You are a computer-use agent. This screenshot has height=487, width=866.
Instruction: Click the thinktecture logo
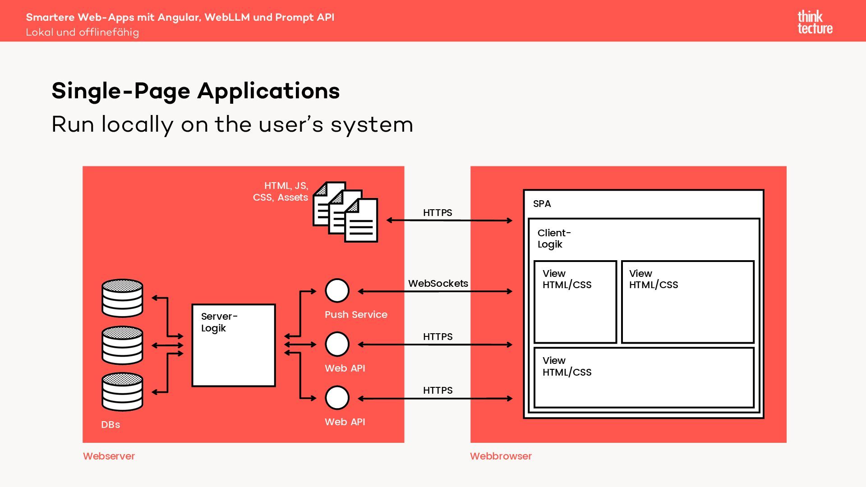(x=815, y=23)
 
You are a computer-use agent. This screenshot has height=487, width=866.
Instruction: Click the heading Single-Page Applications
(x=195, y=91)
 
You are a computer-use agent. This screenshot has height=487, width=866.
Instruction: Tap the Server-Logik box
(x=233, y=345)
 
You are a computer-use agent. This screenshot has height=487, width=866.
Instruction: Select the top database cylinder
(x=122, y=298)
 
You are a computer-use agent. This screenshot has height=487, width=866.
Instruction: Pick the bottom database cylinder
(x=122, y=391)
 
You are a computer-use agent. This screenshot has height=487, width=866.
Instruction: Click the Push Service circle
(x=337, y=291)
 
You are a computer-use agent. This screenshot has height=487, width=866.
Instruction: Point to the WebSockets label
(x=438, y=284)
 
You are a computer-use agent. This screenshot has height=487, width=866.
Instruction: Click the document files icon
(x=345, y=212)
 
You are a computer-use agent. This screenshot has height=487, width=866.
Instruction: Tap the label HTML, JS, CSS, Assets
(x=281, y=192)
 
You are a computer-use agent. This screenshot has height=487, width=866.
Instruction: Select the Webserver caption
(x=109, y=456)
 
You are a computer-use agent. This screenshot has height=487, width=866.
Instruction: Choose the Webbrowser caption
(x=501, y=456)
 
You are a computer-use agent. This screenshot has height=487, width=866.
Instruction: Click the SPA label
(x=542, y=204)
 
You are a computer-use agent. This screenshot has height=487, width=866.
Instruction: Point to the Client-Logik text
(x=554, y=239)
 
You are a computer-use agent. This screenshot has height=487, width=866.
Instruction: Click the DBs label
(x=111, y=425)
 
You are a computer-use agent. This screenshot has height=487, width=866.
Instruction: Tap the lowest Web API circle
(x=337, y=398)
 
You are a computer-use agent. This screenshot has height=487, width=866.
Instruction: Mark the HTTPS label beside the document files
(x=438, y=213)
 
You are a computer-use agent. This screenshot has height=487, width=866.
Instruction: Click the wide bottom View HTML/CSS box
(x=644, y=377)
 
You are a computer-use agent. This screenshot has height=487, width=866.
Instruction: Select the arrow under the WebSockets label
(x=435, y=292)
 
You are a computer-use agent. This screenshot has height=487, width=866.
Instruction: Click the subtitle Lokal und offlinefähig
(x=83, y=32)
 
